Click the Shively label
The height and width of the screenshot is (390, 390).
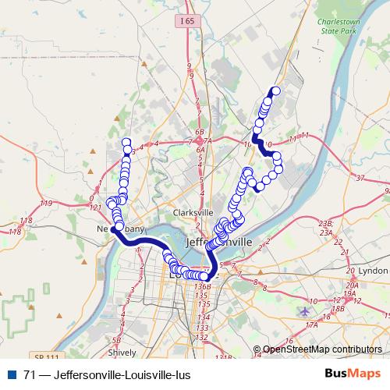121,352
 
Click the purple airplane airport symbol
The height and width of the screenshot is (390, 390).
304,311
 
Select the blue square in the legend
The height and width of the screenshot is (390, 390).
9,375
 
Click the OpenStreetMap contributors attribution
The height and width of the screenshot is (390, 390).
323,349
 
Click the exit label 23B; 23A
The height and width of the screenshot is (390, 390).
325,228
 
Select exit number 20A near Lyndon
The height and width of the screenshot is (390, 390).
353,285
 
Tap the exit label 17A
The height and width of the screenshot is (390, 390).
311,324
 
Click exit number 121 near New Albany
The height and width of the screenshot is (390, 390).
94,207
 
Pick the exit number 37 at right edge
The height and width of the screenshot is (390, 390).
360,179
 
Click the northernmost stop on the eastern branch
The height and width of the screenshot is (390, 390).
274,90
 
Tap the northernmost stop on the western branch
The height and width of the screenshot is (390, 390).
126,143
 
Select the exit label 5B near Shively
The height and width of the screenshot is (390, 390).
115,340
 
